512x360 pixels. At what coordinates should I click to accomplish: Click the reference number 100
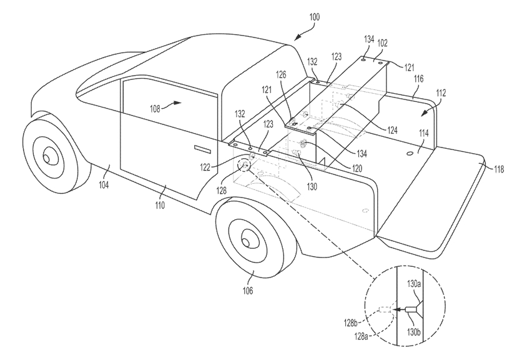tap(313, 17)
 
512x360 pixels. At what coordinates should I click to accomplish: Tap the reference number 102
tap(383, 44)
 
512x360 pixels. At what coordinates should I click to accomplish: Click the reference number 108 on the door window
tap(157, 107)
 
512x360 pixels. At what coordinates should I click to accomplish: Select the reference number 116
tap(418, 81)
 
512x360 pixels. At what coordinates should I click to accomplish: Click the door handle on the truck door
tap(202, 148)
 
